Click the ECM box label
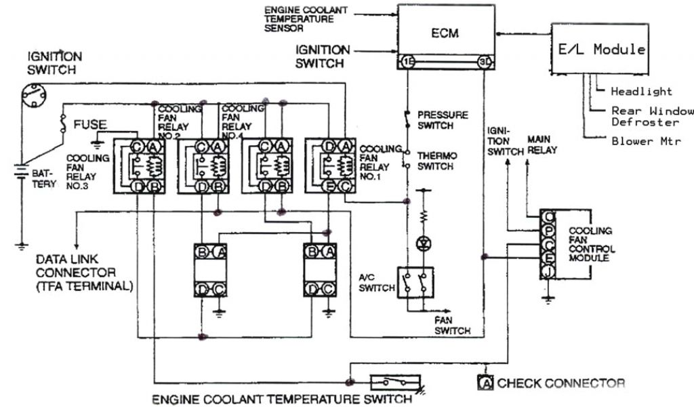445,33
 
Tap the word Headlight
641,91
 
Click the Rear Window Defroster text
651,116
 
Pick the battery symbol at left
22,174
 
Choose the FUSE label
89,125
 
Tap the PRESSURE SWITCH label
443,120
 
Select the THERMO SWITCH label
437,161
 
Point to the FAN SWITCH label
453,326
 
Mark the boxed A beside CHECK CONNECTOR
485,383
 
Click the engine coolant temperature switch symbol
395,382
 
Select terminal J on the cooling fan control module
547,271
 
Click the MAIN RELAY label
542,144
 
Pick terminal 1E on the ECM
407,62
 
